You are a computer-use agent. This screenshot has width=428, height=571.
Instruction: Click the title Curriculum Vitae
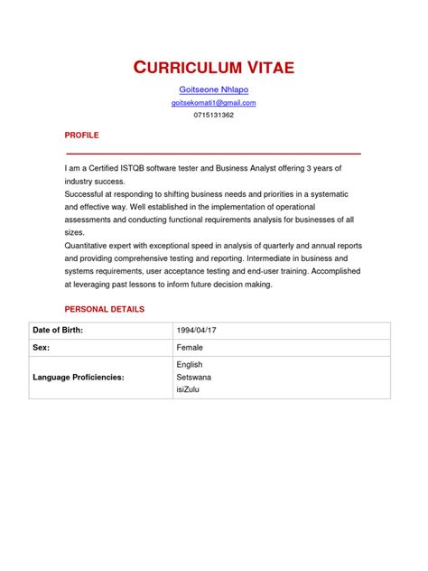(x=213, y=67)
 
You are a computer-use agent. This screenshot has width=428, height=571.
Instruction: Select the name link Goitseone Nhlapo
(x=213, y=89)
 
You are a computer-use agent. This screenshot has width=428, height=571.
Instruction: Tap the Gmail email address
(x=213, y=103)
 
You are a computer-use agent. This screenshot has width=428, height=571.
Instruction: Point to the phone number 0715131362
(x=213, y=115)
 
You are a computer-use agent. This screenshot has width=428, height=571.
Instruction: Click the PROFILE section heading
(x=81, y=135)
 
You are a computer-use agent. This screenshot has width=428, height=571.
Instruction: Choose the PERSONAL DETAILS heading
(x=104, y=309)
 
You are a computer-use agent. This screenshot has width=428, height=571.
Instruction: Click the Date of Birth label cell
(x=57, y=330)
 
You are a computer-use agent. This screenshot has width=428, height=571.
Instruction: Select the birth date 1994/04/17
(x=196, y=330)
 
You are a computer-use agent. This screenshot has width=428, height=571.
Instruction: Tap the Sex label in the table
(x=41, y=347)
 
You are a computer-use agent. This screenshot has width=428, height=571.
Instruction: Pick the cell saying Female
(x=190, y=347)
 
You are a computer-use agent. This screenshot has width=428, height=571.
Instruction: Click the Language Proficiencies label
(x=78, y=376)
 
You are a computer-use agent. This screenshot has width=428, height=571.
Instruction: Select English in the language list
(x=190, y=364)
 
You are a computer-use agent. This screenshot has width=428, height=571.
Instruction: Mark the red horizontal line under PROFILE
(x=213, y=154)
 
